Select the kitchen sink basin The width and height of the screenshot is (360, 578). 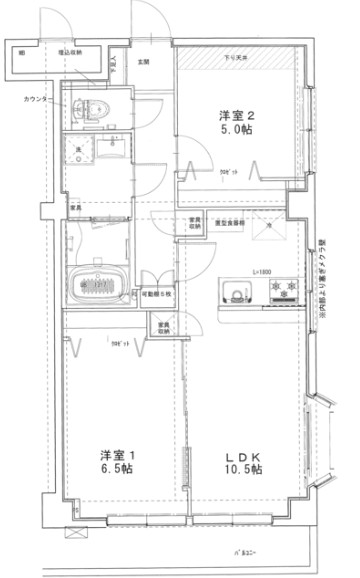click(x=236, y=293)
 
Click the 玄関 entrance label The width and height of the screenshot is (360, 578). click(x=143, y=63)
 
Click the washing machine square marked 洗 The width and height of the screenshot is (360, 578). click(x=79, y=150)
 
